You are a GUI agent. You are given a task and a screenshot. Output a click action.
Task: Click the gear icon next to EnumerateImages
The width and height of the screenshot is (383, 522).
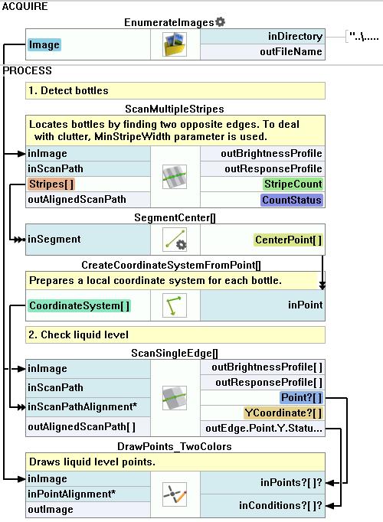click(x=220, y=22)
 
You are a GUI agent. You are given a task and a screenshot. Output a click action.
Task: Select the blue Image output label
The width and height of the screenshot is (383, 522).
click(x=44, y=44)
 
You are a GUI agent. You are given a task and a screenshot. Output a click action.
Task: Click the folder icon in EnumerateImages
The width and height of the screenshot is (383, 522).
click(x=175, y=44)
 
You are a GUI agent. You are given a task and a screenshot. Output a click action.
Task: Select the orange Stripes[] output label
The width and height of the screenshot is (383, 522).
click(x=51, y=184)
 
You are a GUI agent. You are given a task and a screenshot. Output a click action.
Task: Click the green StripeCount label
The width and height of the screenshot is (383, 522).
click(x=293, y=184)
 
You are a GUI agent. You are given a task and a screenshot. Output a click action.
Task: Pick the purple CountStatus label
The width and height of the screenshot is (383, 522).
click(x=291, y=200)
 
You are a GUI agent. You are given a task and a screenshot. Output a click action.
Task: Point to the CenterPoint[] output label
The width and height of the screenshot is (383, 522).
click(x=288, y=240)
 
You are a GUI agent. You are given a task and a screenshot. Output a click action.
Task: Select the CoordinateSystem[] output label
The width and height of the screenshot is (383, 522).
click(x=79, y=305)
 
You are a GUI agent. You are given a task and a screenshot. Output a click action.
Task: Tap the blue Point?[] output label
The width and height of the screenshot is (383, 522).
click(x=301, y=397)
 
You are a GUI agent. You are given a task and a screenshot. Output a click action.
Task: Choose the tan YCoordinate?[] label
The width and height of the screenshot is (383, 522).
click(x=283, y=413)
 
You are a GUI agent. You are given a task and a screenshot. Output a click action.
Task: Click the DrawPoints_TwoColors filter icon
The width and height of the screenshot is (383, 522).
click(x=175, y=494)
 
